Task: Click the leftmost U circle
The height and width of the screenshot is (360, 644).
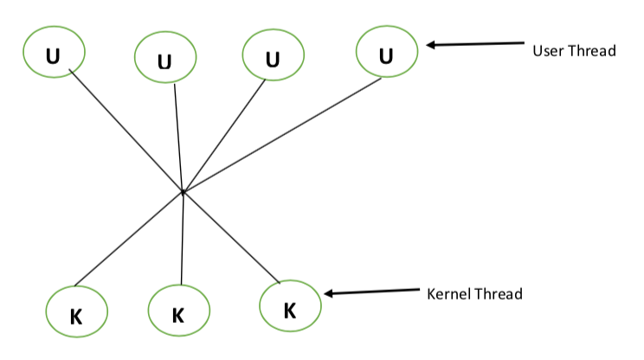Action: tap(54, 55)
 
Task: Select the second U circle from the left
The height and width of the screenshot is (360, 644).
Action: tap(164, 60)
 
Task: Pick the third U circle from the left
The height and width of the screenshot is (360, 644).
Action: tap(274, 57)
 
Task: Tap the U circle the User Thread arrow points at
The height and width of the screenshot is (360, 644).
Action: tap(386, 55)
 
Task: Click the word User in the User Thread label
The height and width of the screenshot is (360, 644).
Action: tap(547, 51)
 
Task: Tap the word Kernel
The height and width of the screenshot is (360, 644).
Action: tap(450, 294)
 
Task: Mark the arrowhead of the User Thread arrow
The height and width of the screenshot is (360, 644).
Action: tap(429, 44)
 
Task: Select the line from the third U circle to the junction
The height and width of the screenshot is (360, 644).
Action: tap(222, 137)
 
